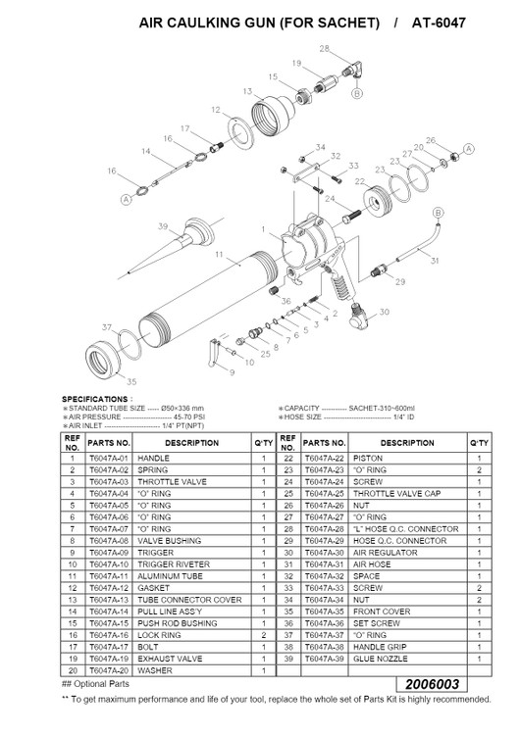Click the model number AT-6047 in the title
pos(439,23)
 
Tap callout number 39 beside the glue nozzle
pos(163,226)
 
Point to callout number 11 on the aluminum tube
pos(219,254)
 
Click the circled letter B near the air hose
pos(438,213)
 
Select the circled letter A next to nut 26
pos(469,149)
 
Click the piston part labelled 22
pos(377,202)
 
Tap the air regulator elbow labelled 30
pos(360,316)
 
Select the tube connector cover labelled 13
pos(273,116)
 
